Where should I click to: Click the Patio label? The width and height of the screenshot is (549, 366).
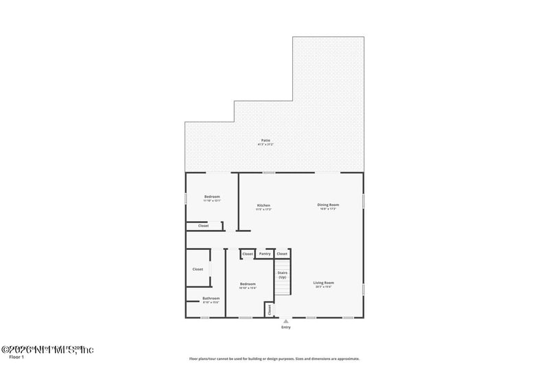[265, 140]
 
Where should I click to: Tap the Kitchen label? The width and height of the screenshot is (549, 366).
[264, 205]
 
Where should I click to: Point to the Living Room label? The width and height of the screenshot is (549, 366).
[323, 283]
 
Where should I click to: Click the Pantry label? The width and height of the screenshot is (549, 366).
[265, 254]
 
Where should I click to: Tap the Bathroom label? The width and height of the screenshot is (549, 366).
[211, 298]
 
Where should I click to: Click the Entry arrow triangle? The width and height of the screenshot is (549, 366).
[285, 321]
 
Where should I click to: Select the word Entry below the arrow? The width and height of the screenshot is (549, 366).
[285, 328]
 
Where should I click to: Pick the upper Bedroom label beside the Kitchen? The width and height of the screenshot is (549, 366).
[212, 197]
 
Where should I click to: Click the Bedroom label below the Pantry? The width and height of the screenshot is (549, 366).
[248, 284]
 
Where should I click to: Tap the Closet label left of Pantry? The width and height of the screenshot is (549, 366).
[248, 254]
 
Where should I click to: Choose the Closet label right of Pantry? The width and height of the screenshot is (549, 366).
[282, 254]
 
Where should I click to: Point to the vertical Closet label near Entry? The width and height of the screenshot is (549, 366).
[270, 310]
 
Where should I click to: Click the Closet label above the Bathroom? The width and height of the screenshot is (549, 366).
[198, 269]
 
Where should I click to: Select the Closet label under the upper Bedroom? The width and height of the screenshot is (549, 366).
[203, 226]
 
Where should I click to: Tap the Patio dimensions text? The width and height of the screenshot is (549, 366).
[265, 144]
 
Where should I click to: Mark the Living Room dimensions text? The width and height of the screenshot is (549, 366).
[323, 287]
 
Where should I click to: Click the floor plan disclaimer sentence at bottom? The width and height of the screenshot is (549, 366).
[274, 358]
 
